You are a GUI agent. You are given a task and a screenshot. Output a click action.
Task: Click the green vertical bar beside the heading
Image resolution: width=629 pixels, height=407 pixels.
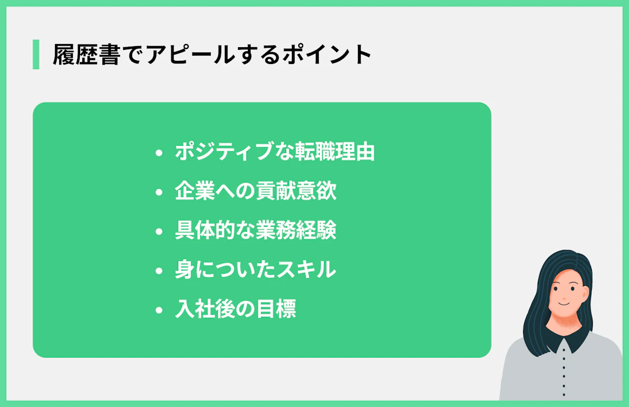tap(36, 55)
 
